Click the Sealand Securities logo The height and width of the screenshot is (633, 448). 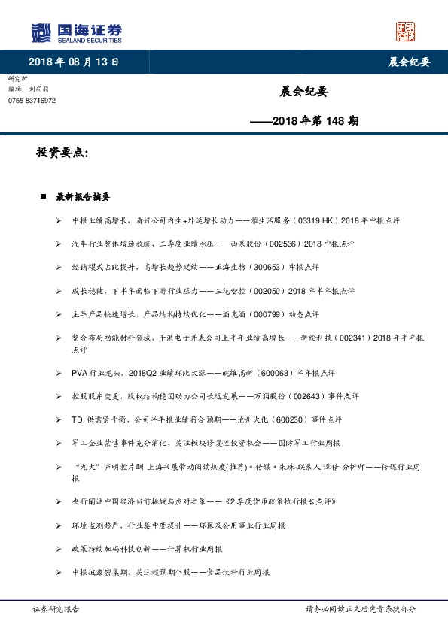click(x=76, y=32)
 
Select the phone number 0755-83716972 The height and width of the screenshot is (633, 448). click(x=32, y=101)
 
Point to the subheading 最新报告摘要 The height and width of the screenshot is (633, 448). click(x=83, y=197)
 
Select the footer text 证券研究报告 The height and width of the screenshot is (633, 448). click(x=56, y=608)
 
